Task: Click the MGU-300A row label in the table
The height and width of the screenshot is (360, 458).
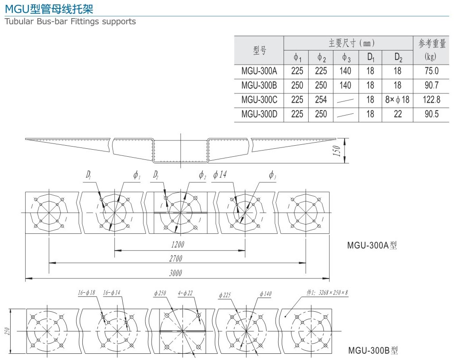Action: click(x=259, y=71)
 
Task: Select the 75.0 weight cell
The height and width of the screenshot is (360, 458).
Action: click(x=431, y=71)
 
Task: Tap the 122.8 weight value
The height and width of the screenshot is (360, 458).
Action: click(x=431, y=100)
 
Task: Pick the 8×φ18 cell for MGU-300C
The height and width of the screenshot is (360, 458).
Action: click(x=397, y=100)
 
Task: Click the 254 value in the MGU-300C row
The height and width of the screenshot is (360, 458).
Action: click(x=321, y=100)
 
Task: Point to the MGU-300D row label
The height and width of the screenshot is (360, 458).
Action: click(x=259, y=114)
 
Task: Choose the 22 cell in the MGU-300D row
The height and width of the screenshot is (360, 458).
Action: click(x=398, y=114)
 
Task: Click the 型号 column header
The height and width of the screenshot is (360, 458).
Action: click(x=260, y=50)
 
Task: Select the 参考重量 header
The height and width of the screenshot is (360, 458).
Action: click(x=431, y=43)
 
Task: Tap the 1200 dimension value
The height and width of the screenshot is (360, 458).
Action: click(x=177, y=244)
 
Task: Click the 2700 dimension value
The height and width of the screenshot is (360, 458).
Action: click(x=176, y=259)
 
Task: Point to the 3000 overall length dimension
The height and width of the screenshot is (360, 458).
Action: click(x=176, y=273)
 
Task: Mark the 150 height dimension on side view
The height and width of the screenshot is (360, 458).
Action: click(x=336, y=151)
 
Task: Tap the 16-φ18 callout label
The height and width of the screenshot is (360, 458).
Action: click(x=86, y=293)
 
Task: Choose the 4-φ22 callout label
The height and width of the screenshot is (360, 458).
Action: click(x=186, y=293)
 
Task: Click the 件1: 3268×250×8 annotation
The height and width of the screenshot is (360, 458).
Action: click(x=327, y=293)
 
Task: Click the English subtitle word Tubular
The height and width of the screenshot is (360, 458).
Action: click(x=18, y=21)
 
